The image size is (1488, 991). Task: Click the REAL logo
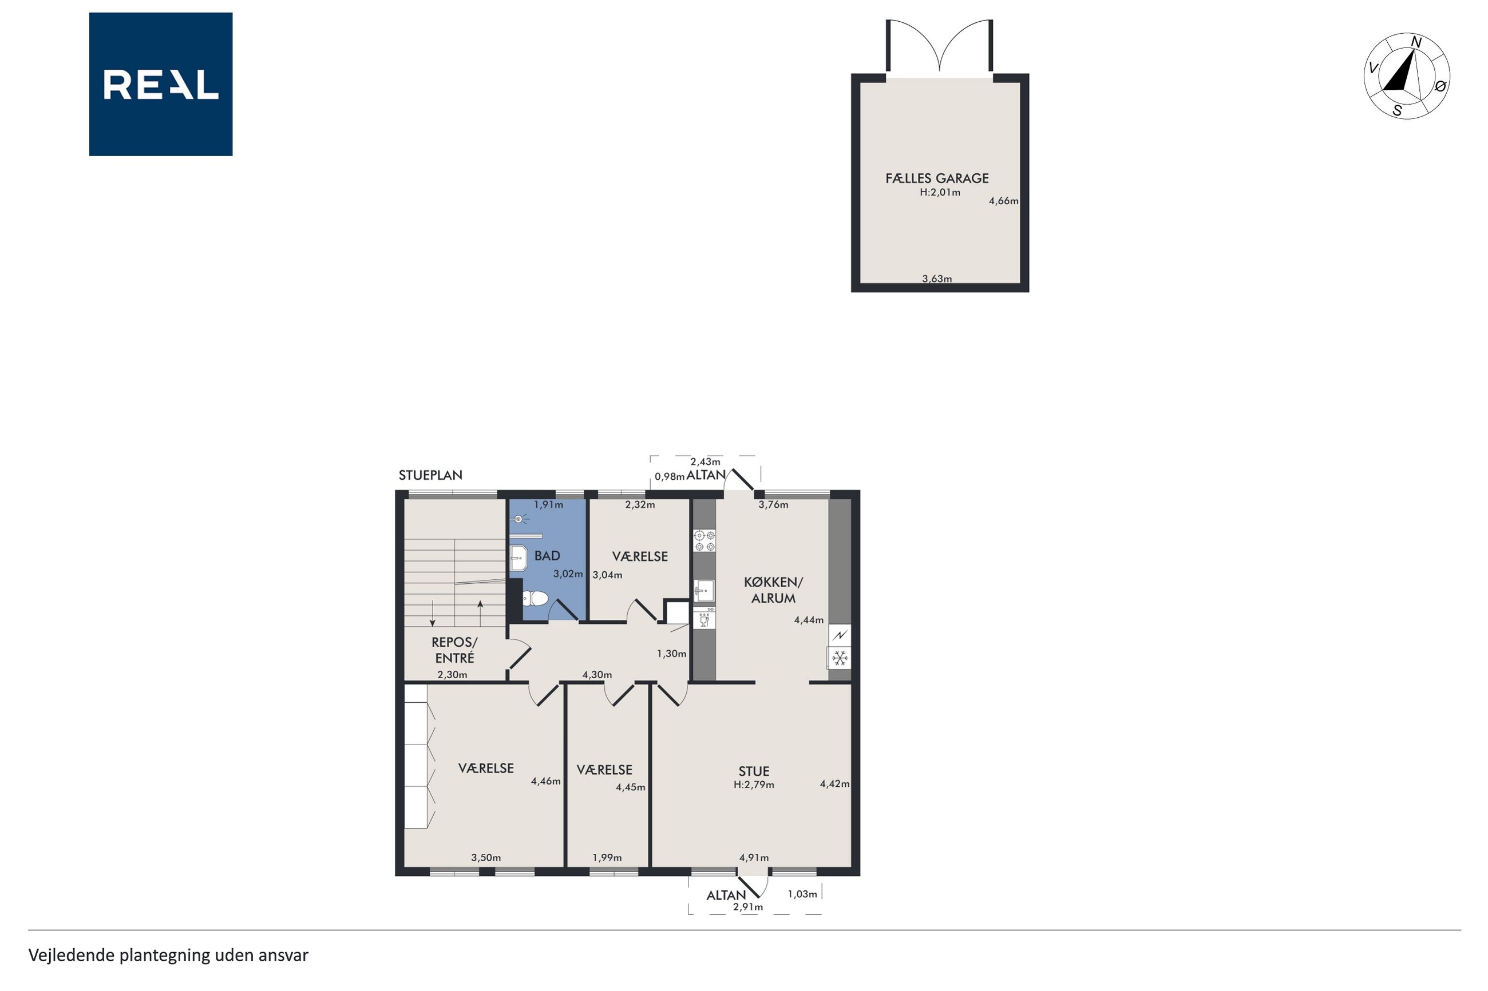161,84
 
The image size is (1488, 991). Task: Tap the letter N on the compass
1416,42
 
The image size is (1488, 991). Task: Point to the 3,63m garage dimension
936,278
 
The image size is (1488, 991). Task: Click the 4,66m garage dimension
1004,201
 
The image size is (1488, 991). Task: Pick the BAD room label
547,555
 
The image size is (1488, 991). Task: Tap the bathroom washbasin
519,558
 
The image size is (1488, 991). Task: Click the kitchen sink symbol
704,591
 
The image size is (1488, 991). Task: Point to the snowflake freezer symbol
840,658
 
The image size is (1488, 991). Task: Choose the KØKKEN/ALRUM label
773,590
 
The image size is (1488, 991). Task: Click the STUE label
754,771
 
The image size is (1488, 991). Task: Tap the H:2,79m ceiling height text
754,785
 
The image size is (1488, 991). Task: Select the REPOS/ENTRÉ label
454,650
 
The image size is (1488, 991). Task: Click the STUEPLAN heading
430,475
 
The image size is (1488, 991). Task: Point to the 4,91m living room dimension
754,858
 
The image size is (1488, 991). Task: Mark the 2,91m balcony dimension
748,907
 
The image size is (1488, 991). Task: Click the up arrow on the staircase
481,613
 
